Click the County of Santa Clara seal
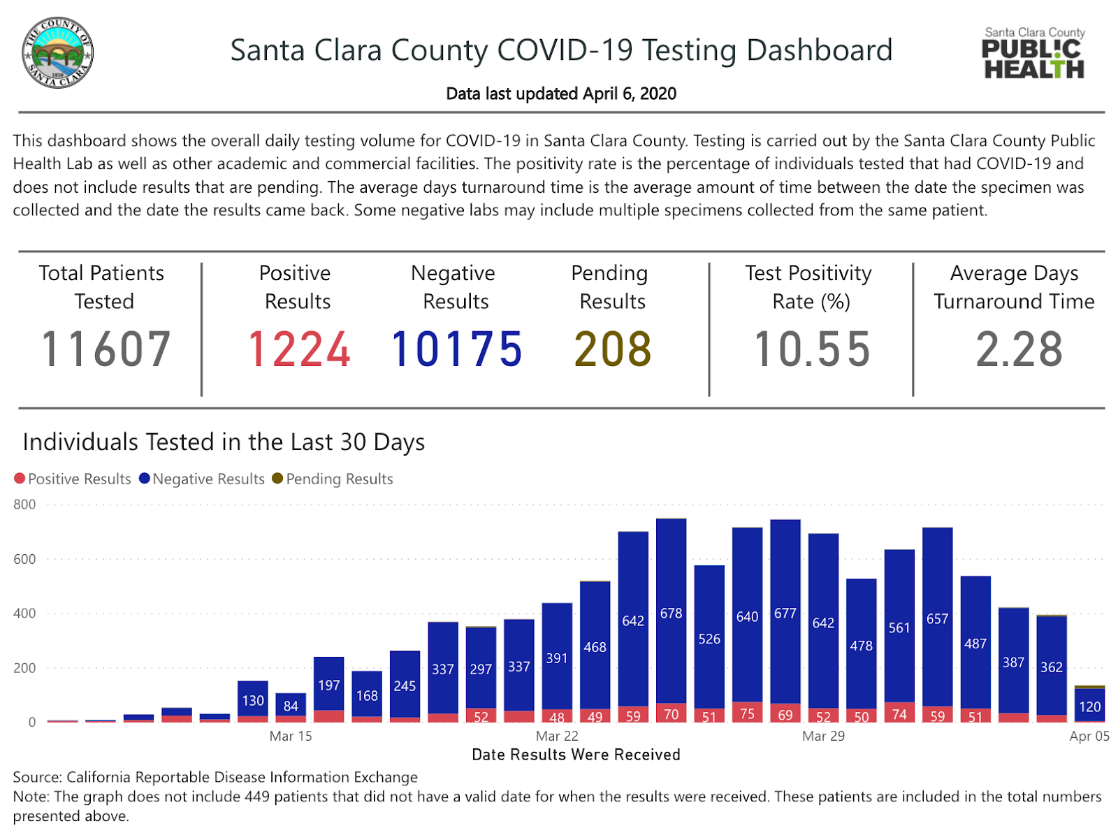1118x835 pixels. [x=57, y=53]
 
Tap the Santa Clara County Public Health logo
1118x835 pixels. [x=1033, y=53]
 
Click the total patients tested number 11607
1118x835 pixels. [x=106, y=349]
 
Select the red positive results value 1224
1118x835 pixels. [x=299, y=349]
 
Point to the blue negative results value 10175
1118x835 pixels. [x=456, y=349]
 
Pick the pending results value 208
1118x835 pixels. [x=613, y=349]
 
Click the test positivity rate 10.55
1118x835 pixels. [x=812, y=349]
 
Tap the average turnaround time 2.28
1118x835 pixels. [x=1019, y=349]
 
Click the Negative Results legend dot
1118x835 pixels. [x=145, y=479]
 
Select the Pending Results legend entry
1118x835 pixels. [x=333, y=479]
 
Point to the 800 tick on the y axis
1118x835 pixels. [x=24, y=504]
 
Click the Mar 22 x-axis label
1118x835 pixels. [x=557, y=736]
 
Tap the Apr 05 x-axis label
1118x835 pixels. [x=1089, y=736]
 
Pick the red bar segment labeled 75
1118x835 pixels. [x=747, y=713]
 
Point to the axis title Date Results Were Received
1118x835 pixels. [x=576, y=755]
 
